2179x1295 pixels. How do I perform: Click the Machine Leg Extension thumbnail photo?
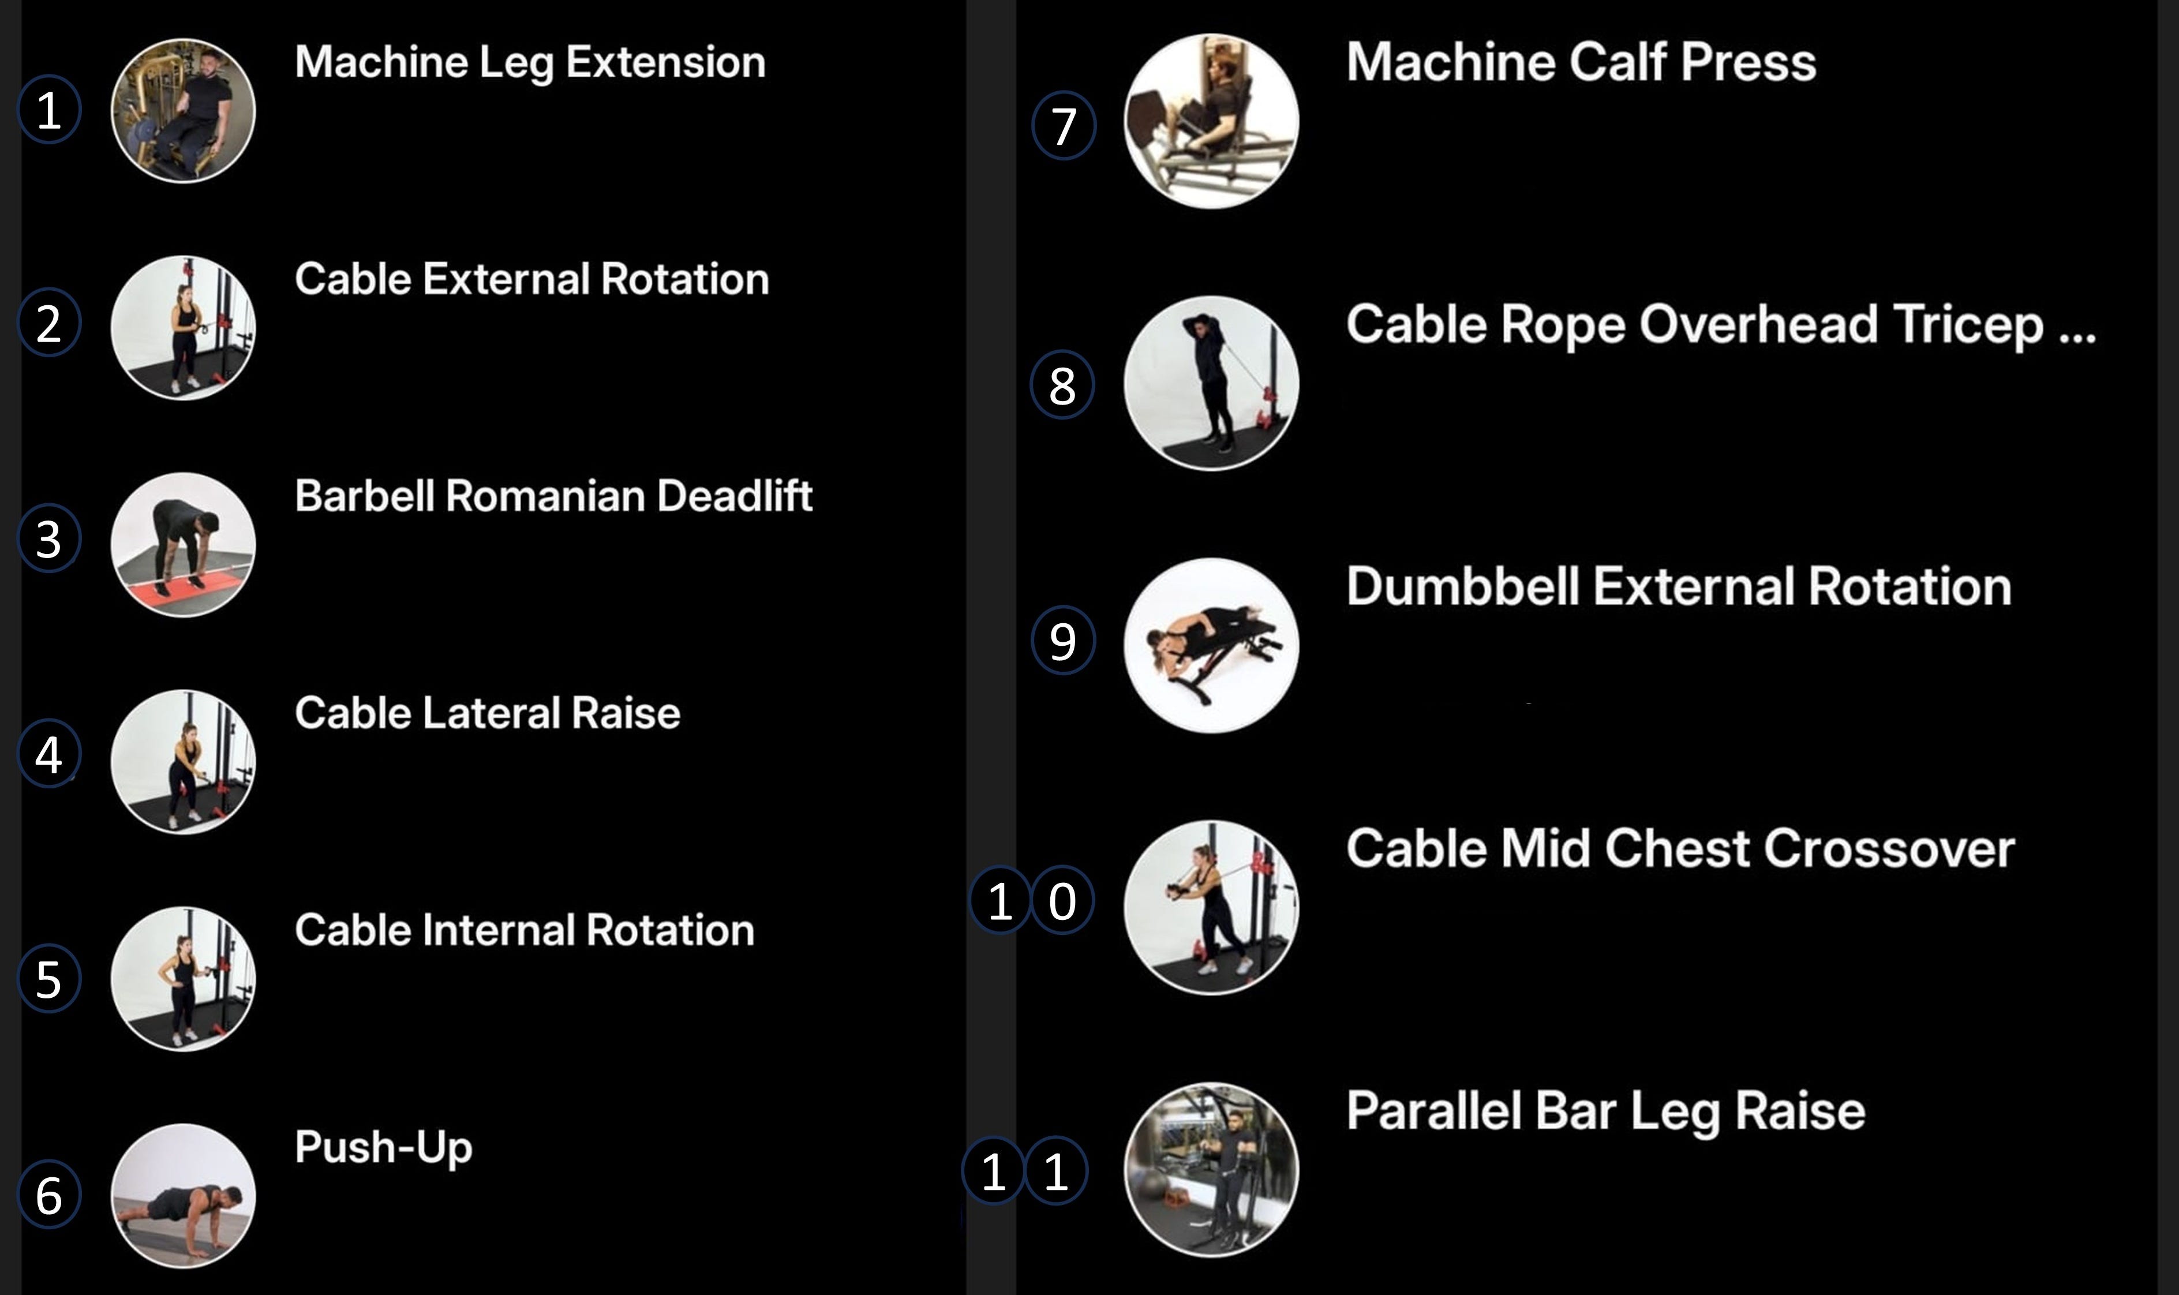point(184,111)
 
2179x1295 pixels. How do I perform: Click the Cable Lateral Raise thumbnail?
point(184,762)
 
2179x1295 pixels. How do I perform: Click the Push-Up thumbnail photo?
point(184,1196)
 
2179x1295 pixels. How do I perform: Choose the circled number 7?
point(1063,126)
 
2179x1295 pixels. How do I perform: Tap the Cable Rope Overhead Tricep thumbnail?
point(1211,383)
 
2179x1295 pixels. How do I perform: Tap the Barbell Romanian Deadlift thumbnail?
point(184,545)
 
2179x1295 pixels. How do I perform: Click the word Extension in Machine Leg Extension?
point(666,62)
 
